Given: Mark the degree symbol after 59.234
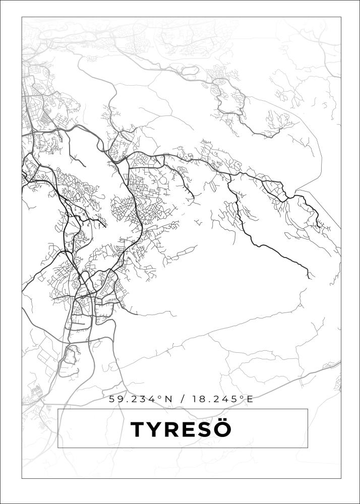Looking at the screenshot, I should click(160, 397).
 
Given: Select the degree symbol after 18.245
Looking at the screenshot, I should click(241, 397).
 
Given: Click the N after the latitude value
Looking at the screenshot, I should click(168, 399).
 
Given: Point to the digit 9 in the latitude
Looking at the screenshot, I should click(119, 399).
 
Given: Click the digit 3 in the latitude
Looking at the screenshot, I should click(143, 399).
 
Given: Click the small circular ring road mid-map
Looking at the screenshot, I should click(162, 180).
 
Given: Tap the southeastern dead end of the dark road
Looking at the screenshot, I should click(309, 277).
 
